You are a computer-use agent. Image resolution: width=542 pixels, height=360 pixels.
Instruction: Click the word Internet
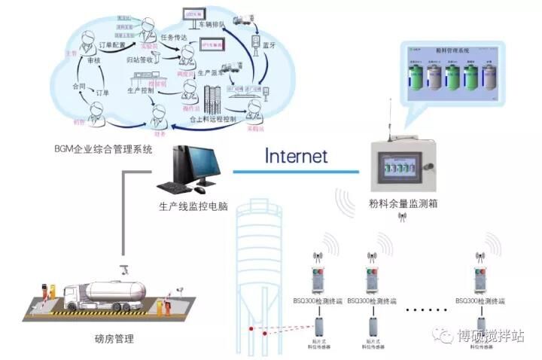pyautogui.click(x=296, y=156)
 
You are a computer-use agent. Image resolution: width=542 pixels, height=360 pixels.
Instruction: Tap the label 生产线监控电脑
pyautogui.click(x=193, y=205)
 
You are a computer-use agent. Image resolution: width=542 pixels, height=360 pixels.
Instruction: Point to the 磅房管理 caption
pyautogui.click(x=116, y=339)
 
